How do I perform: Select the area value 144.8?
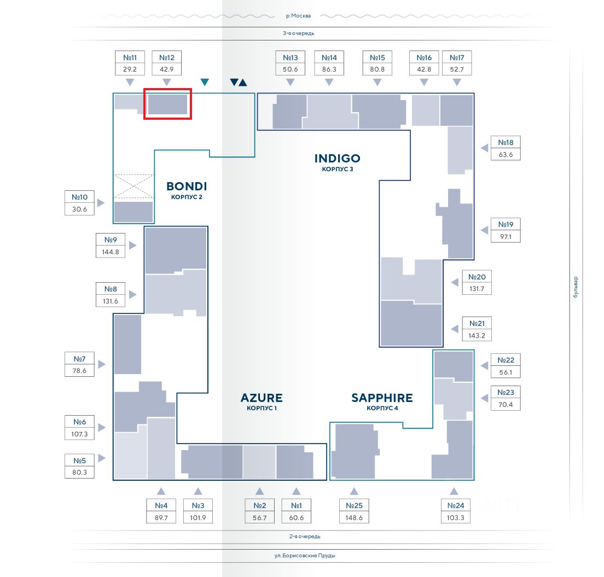pos(111,252)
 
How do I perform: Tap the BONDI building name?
pos(187,186)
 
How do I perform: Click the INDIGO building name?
pos(337,159)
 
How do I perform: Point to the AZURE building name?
pos(262,398)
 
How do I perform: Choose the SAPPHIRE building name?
pos(382,398)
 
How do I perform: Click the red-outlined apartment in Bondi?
pos(167,104)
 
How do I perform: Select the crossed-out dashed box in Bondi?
pos(133,186)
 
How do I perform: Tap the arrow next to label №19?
pos(484,230)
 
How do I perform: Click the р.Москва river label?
pos(298,16)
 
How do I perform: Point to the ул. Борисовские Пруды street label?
pos(305,556)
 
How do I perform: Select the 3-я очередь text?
pos(299,33)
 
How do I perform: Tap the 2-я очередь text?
pos(305,537)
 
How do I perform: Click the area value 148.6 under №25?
pos(354,517)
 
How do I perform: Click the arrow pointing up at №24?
pos(454,491)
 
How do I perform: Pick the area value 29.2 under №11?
pos(130,69)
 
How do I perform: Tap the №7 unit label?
pos(79,359)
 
